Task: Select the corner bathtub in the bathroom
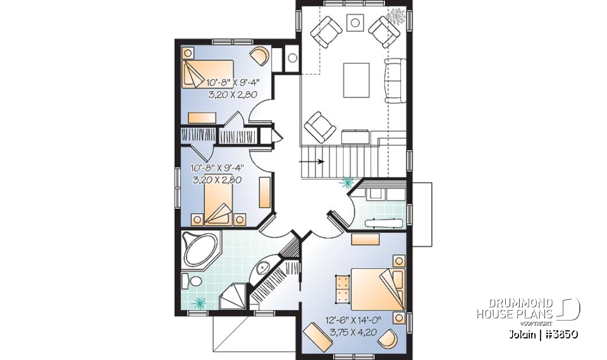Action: [x=199, y=249]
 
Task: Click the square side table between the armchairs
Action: [x=356, y=22]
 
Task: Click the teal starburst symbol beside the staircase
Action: [x=346, y=184]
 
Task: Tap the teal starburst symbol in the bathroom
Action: [x=200, y=302]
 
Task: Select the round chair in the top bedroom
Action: [x=259, y=56]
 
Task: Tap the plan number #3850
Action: [x=557, y=334]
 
